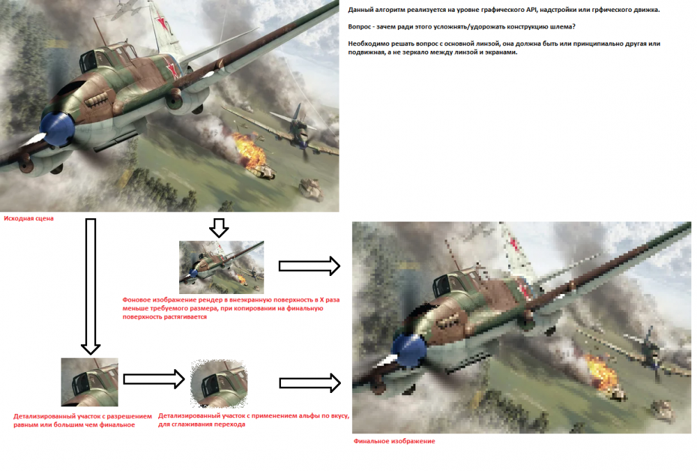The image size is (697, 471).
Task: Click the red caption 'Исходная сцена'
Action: tap(29, 218)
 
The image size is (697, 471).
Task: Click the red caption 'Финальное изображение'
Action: tap(395, 441)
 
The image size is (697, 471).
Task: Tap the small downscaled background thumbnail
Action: tap(222, 268)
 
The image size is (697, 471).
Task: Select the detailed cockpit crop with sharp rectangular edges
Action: tap(90, 382)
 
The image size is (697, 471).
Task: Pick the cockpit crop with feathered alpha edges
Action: tap(219, 384)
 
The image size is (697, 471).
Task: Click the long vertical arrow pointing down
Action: tap(91, 286)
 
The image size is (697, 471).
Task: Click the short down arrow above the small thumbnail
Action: tap(219, 228)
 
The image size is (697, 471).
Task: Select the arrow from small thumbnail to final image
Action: tap(309, 266)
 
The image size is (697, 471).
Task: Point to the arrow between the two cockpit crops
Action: tap(154, 379)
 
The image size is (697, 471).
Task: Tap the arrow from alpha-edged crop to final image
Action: tap(310, 383)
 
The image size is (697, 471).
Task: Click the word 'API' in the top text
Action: tap(532, 10)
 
